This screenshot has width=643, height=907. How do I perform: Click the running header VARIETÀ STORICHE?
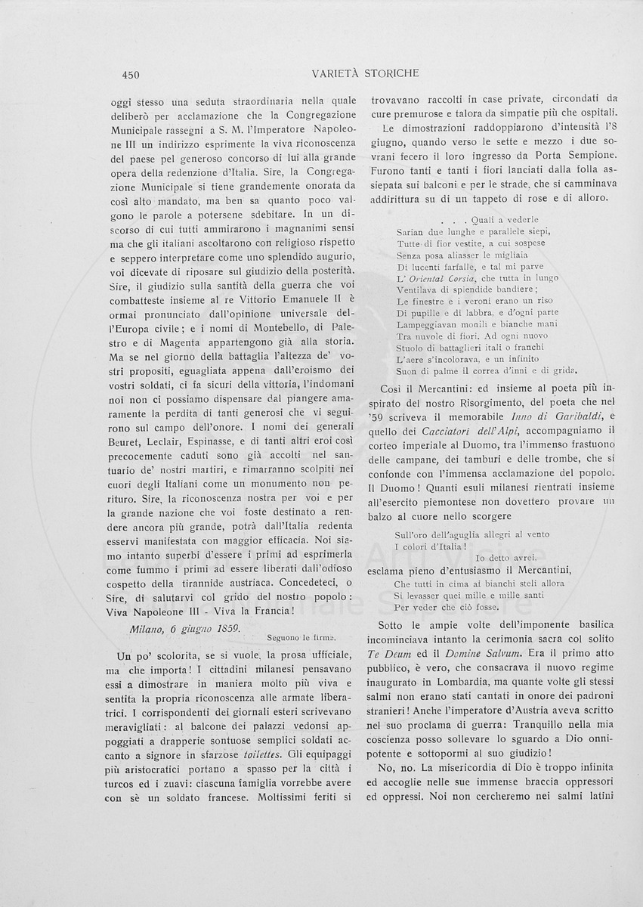coord(365,73)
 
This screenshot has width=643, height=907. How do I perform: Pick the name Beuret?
coord(128,444)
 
